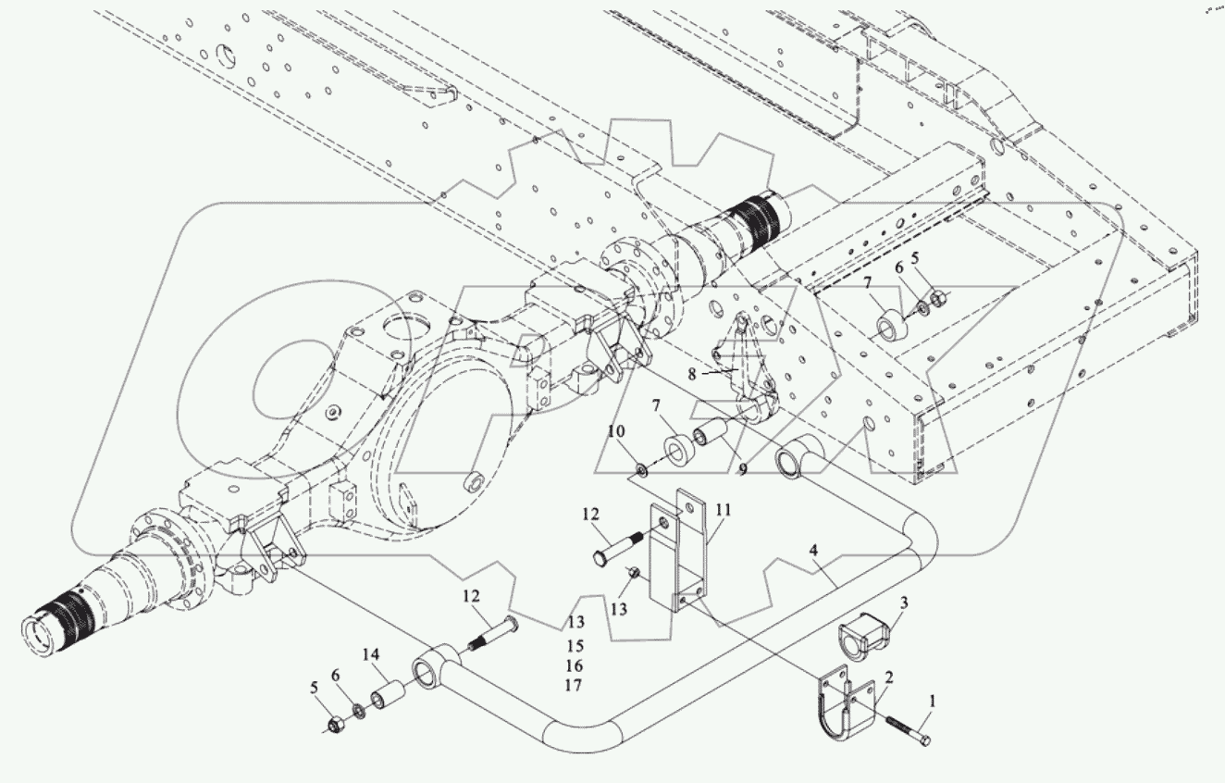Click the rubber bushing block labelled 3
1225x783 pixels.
(860, 636)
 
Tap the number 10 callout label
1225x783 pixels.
(617, 431)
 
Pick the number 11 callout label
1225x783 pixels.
(723, 508)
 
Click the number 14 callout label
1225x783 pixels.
(372, 654)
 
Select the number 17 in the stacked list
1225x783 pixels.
(576, 686)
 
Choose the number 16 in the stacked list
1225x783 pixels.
(576, 665)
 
